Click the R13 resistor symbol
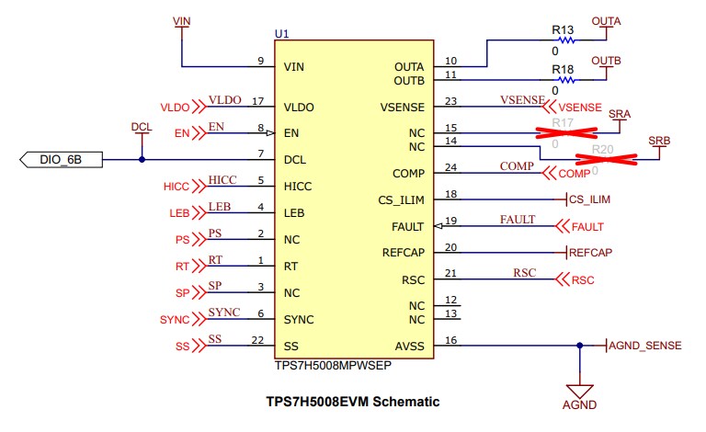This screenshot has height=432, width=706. (x=564, y=40)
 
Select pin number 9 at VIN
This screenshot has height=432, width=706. (x=261, y=61)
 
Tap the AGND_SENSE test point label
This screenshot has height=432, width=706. (x=646, y=346)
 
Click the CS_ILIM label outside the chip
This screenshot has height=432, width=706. (x=589, y=199)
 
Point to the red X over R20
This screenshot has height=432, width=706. (x=602, y=160)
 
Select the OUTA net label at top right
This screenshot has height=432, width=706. (x=606, y=20)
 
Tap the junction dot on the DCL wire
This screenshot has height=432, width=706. (x=141, y=159)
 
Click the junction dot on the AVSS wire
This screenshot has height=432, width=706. (x=579, y=347)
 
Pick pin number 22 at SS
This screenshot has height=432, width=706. (x=257, y=340)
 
